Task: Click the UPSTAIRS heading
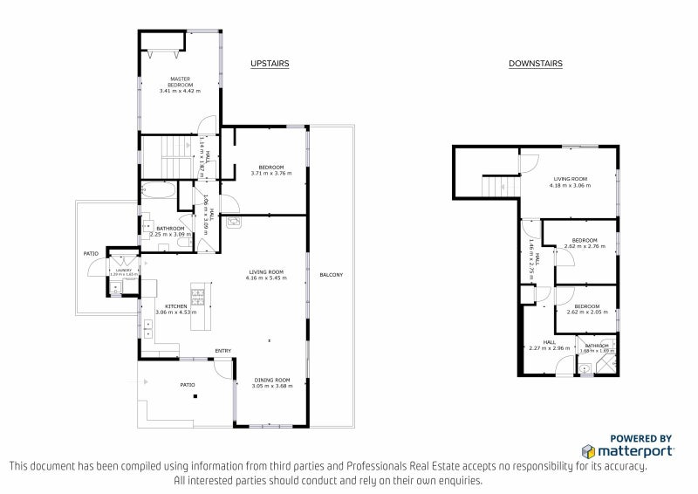pos(270,64)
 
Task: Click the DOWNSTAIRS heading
pos(536,64)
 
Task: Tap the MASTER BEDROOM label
pos(180,81)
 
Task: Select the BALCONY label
pos(331,275)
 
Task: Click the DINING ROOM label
pos(271,380)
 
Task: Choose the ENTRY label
pos(223,352)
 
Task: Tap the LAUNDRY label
pos(122,271)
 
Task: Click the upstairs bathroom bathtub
pos(159,191)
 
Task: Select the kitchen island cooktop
pos(198,293)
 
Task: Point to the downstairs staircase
pos(494,186)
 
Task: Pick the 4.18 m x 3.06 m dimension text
pos(570,185)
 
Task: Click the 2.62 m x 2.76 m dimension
pos(584,246)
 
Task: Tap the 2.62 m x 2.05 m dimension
pos(584,312)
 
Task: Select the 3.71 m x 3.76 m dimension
pos(271,173)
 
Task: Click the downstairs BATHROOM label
pos(597,345)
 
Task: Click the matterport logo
pos(627,450)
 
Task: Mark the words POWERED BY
pos(640,438)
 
